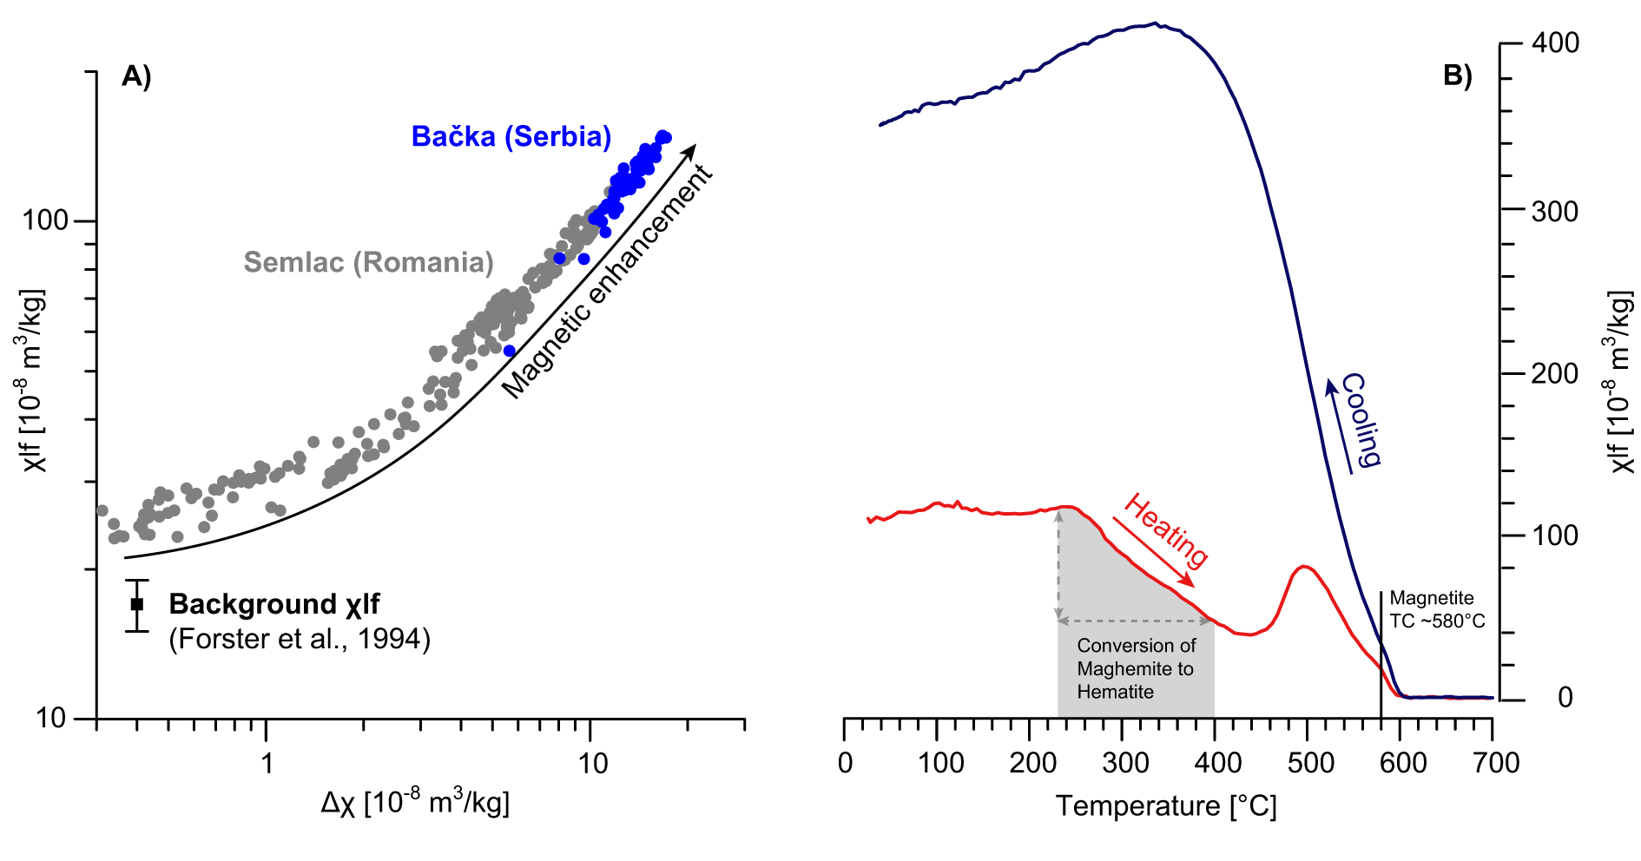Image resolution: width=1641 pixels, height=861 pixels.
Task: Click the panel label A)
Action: [x=136, y=77]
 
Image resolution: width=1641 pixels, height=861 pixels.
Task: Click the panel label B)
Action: [x=1458, y=76]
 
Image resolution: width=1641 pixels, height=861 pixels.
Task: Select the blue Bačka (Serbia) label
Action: [x=511, y=136]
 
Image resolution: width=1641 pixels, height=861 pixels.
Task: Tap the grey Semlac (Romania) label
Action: [x=368, y=262]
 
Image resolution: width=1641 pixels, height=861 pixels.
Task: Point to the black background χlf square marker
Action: [x=137, y=604]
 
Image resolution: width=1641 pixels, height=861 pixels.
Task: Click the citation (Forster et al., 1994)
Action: [x=300, y=640]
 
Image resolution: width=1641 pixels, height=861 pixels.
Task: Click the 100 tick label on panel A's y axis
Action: [x=44, y=220]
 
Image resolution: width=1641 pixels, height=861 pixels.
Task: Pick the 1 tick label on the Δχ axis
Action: [x=267, y=764]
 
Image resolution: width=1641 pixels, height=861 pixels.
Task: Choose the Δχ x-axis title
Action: [x=415, y=802]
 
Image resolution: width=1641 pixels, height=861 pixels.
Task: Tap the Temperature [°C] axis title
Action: [x=1166, y=806]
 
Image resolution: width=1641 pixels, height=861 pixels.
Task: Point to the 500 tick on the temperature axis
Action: [x=1310, y=764]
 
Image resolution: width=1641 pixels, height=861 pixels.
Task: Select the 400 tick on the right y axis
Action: [x=1555, y=43]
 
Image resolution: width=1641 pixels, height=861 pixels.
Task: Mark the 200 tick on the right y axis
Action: [x=1555, y=374]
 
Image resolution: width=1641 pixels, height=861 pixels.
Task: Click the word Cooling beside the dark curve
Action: [x=1361, y=420]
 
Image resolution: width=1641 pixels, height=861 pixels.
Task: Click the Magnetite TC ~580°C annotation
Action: [x=1436, y=609]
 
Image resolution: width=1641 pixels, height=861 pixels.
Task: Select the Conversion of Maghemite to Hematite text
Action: [x=1136, y=668]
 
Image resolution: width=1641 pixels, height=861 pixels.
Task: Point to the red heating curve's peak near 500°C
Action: [x=1302, y=567]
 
